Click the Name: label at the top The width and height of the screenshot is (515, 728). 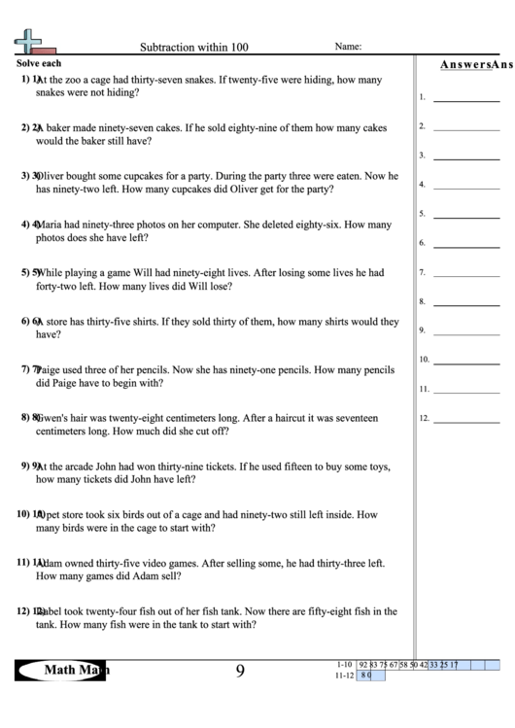(348, 46)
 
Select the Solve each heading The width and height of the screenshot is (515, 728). (36, 64)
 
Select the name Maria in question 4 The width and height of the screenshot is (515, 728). (51, 225)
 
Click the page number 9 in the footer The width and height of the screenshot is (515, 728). (239, 670)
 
